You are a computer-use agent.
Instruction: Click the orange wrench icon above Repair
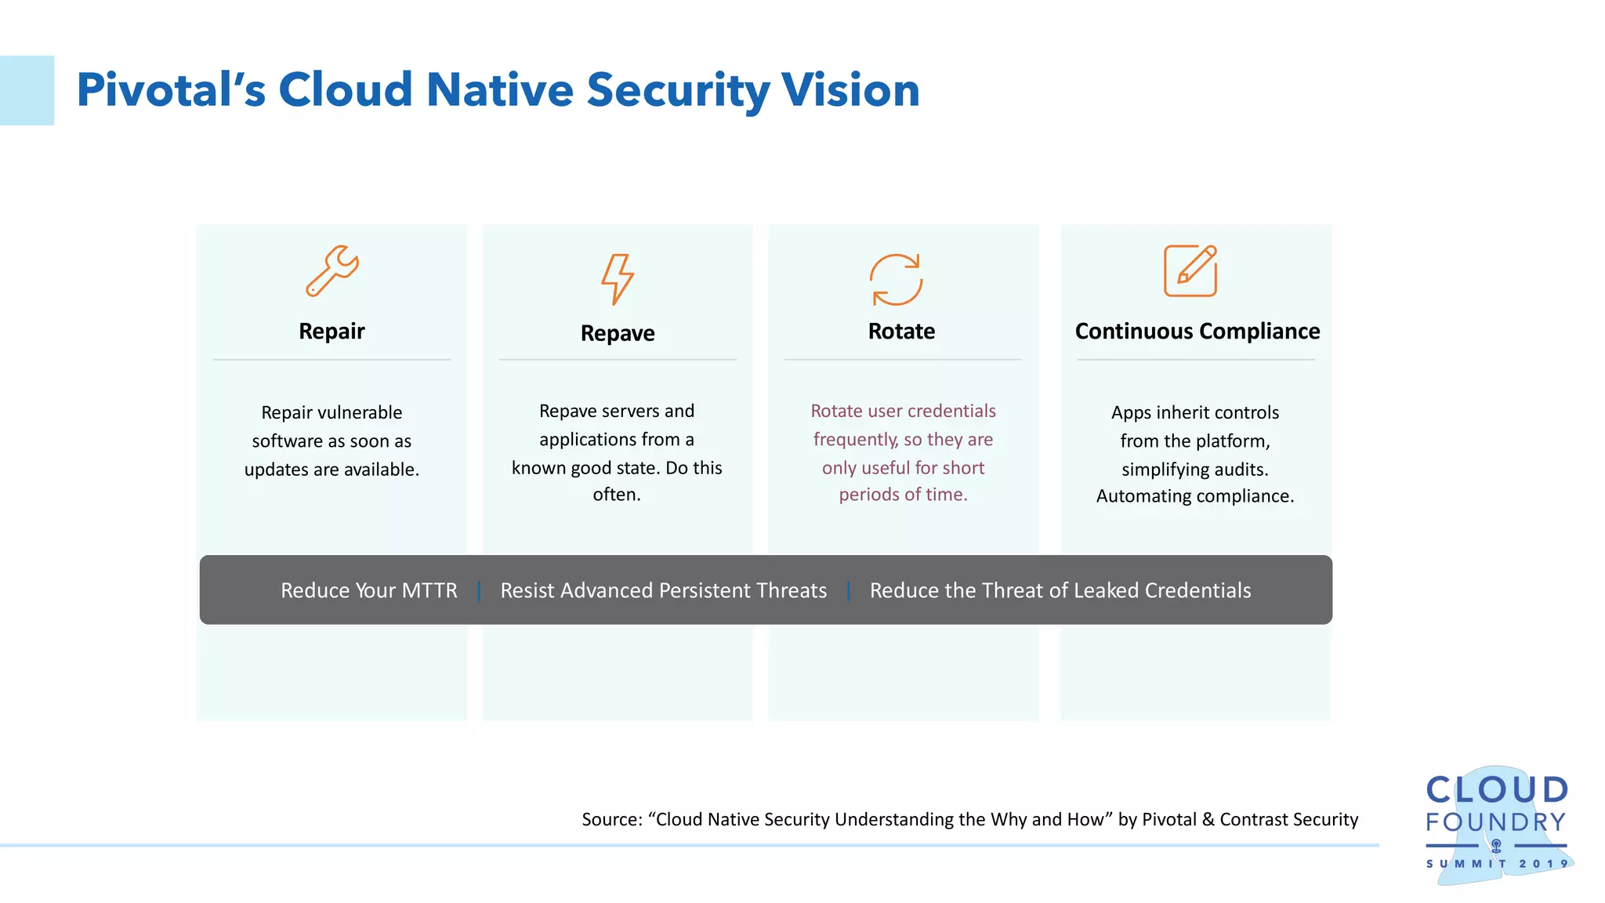pos(332,270)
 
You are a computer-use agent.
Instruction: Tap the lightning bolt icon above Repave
pos(618,278)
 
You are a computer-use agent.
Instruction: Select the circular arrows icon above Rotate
pos(896,279)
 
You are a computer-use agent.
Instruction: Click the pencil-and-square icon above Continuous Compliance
pos(1190,271)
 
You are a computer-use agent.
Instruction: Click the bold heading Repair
pos(332,331)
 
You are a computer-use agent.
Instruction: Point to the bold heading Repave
pos(618,333)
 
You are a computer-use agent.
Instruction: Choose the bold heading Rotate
pos(901,331)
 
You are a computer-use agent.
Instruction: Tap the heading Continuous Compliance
pos(1197,331)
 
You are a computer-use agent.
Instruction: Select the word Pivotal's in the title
pos(171,89)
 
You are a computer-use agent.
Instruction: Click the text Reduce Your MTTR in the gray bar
pos(368,590)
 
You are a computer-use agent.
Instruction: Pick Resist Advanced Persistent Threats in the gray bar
pos(663,590)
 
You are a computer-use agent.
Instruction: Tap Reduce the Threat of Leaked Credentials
pos(1060,590)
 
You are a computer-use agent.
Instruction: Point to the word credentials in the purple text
pos(951,411)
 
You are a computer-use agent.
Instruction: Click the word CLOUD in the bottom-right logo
pos(1496,790)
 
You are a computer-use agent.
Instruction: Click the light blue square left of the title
pos(27,90)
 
